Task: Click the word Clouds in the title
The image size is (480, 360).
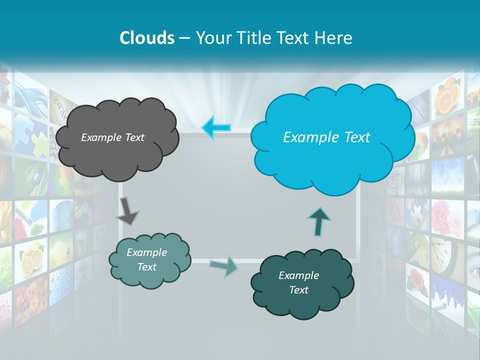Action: pos(147,38)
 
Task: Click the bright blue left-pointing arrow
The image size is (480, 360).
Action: pos(216,127)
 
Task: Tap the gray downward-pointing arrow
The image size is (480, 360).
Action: pos(127,211)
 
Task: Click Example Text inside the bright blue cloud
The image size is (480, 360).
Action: pos(326,137)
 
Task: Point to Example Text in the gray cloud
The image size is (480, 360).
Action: pos(112,137)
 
